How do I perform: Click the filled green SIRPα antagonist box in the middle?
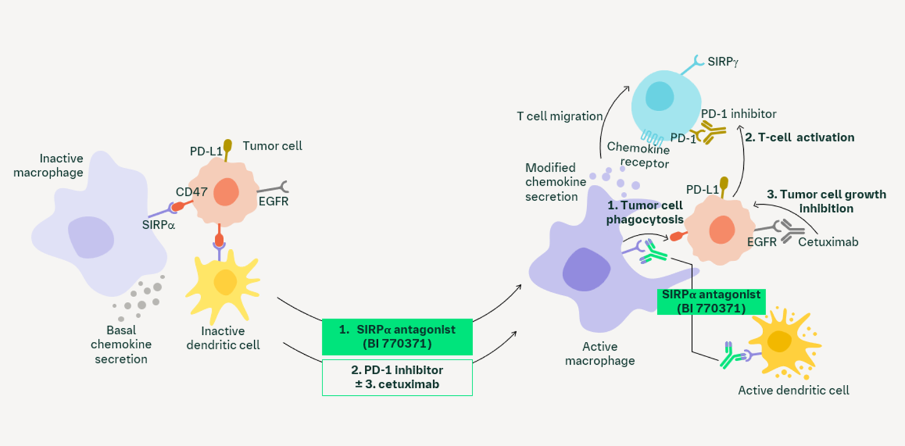pos(397,337)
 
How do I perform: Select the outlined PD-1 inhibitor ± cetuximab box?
pos(397,377)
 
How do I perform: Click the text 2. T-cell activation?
pos(800,137)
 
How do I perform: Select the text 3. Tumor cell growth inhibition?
pos(826,201)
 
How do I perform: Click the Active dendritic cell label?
pos(793,390)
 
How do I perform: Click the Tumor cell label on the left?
pos(272,145)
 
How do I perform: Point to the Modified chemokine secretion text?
pos(555,181)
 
